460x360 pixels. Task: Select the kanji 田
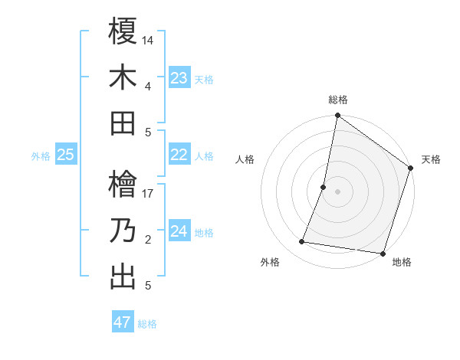point(123,123)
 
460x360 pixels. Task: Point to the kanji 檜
point(123,185)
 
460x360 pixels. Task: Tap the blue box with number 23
point(179,78)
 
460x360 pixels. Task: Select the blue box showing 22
point(179,155)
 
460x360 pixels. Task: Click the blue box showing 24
point(179,232)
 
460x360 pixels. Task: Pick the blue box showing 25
point(66,155)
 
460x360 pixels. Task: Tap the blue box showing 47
point(123,322)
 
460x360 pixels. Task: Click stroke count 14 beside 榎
point(148,39)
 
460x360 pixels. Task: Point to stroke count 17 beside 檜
point(148,194)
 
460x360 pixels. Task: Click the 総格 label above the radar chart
point(338,100)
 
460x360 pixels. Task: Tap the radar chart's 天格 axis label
point(431,159)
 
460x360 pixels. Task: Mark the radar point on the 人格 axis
point(324,187)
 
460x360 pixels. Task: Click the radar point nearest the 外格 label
point(302,242)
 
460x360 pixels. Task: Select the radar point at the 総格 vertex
point(337,116)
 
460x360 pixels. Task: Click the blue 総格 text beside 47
point(147,324)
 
